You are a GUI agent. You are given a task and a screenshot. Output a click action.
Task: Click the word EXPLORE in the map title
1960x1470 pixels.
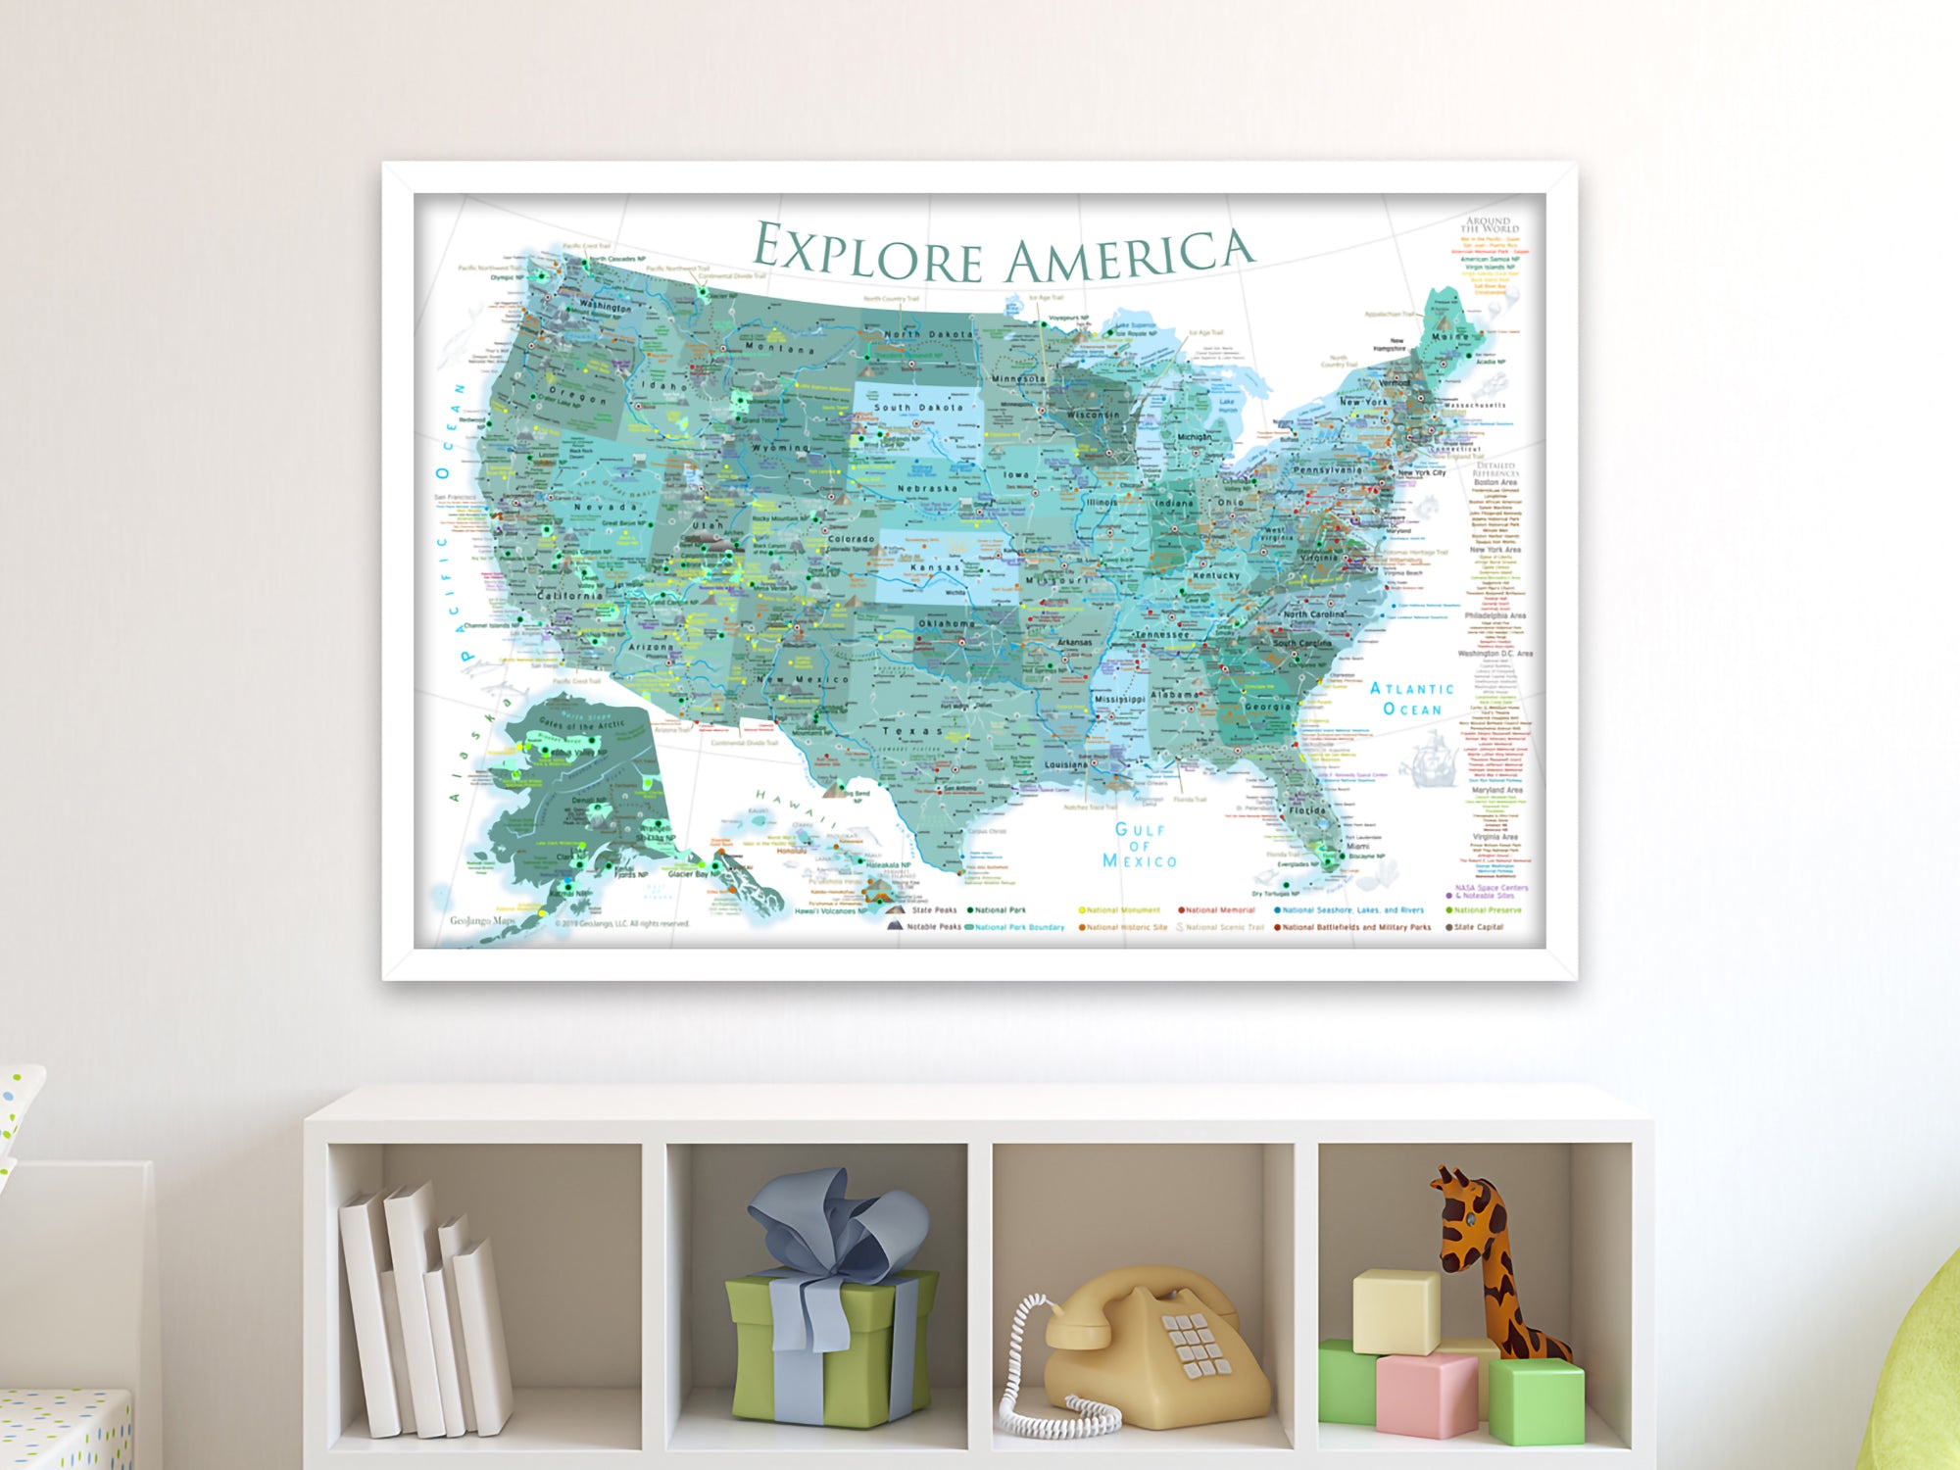click(x=868, y=252)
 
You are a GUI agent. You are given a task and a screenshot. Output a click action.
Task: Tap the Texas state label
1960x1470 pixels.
click(x=912, y=731)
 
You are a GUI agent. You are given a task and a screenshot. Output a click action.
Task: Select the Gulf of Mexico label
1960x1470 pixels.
click(x=1139, y=845)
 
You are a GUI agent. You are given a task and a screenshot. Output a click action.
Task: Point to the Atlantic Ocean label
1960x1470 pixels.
click(x=1412, y=699)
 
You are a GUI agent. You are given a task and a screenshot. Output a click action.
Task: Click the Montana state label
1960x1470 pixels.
click(x=779, y=348)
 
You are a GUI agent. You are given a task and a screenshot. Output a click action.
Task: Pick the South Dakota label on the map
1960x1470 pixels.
click(x=918, y=407)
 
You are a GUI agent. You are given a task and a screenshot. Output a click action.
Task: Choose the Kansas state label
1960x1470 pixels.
click(x=936, y=568)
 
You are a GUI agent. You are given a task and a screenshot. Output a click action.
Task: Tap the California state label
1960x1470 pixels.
click(x=570, y=596)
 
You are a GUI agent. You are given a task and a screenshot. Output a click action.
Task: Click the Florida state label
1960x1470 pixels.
click(x=1307, y=811)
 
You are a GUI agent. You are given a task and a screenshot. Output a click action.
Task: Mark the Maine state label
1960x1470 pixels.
click(x=1450, y=337)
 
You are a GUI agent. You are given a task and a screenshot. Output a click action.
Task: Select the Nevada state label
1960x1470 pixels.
click(x=606, y=507)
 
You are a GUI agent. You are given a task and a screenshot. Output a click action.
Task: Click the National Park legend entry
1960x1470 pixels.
click(x=1000, y=910)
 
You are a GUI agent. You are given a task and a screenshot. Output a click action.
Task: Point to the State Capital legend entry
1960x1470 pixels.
click(x=1478, y=927)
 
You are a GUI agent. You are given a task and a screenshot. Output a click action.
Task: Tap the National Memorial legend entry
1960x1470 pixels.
click(x=1219, y=910)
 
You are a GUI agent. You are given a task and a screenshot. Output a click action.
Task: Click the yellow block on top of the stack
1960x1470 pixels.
click(x=1396, y=1310)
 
